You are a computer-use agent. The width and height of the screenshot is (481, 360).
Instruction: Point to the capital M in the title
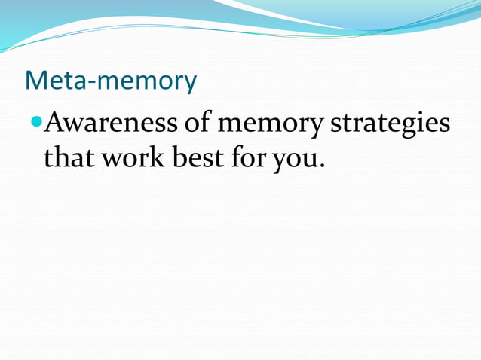35,81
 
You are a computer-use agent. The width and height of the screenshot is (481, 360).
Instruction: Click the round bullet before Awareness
37,121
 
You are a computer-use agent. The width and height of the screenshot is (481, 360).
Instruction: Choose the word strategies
390,123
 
